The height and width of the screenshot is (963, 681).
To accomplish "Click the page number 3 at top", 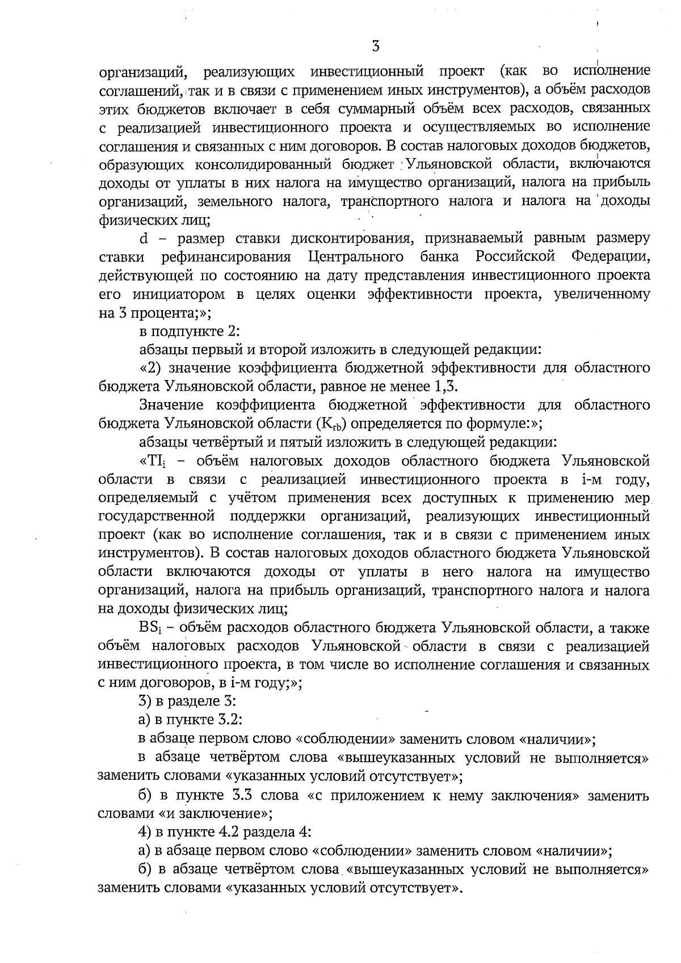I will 375,47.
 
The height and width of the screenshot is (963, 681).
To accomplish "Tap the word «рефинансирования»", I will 225,257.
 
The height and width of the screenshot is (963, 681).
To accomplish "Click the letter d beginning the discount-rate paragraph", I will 143,238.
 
